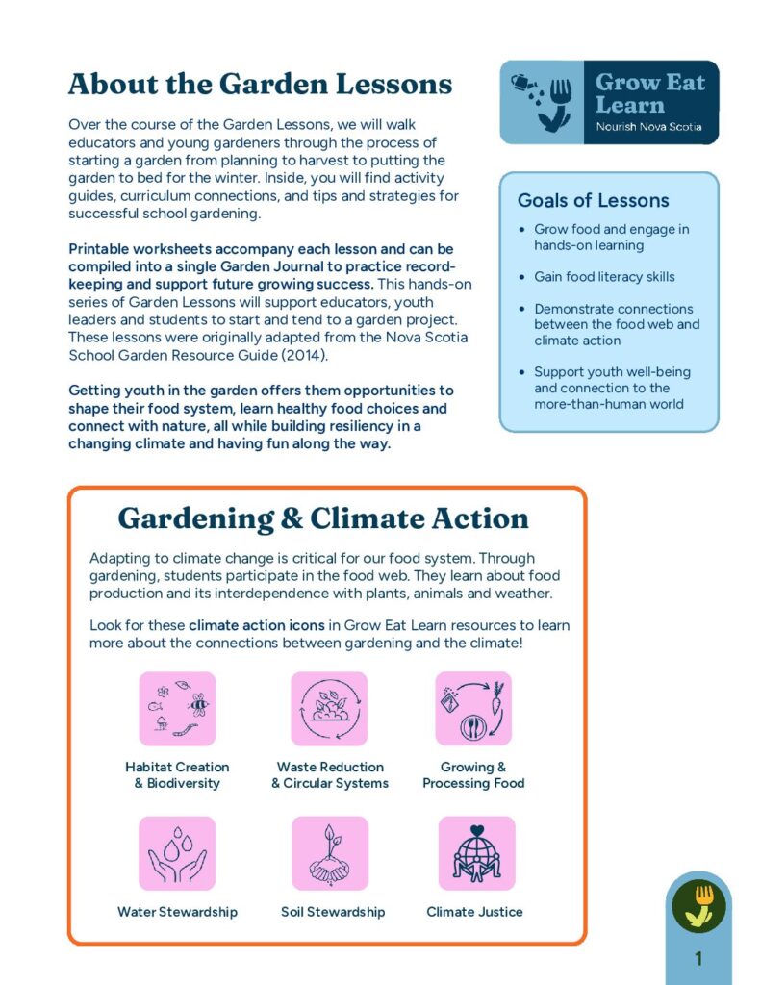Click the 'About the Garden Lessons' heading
click(260, 85)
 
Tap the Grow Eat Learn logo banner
click(609, 103)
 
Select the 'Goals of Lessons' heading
click(593, 201)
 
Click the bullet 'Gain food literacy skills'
click(604, 277)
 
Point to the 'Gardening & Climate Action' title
click(323, 518)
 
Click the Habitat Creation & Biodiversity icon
click(177, 709)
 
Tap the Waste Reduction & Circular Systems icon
click(329, 709)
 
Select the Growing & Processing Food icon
click(473, 709)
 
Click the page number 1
click(698, 959)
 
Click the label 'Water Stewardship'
click(177, 912)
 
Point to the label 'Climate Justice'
click(474, 912)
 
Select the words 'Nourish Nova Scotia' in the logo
click(648, 127)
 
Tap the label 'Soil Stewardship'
click(333, 912)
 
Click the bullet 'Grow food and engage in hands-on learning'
click(611, 238)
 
